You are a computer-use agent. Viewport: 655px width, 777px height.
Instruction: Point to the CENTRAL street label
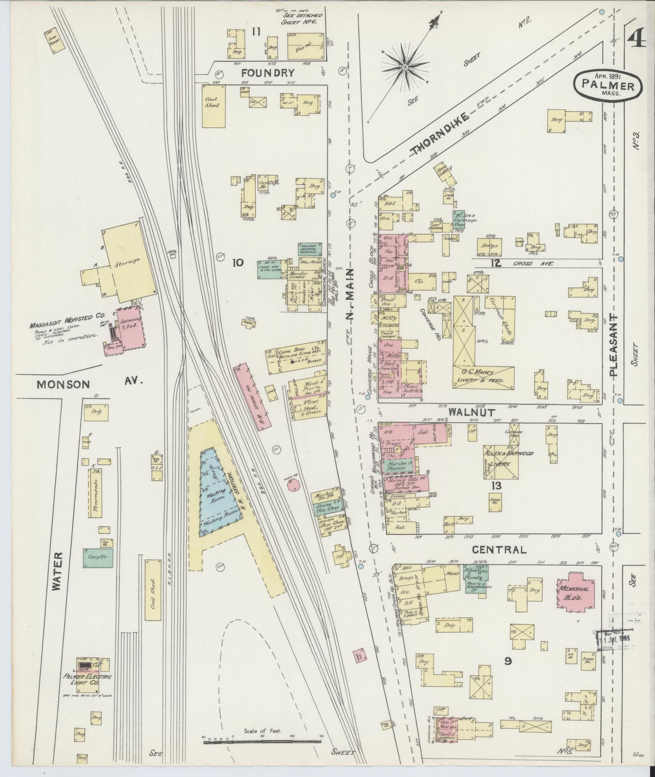[x=499, y=550]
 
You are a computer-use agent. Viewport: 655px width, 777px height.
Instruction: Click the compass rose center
[x=405, y=66]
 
